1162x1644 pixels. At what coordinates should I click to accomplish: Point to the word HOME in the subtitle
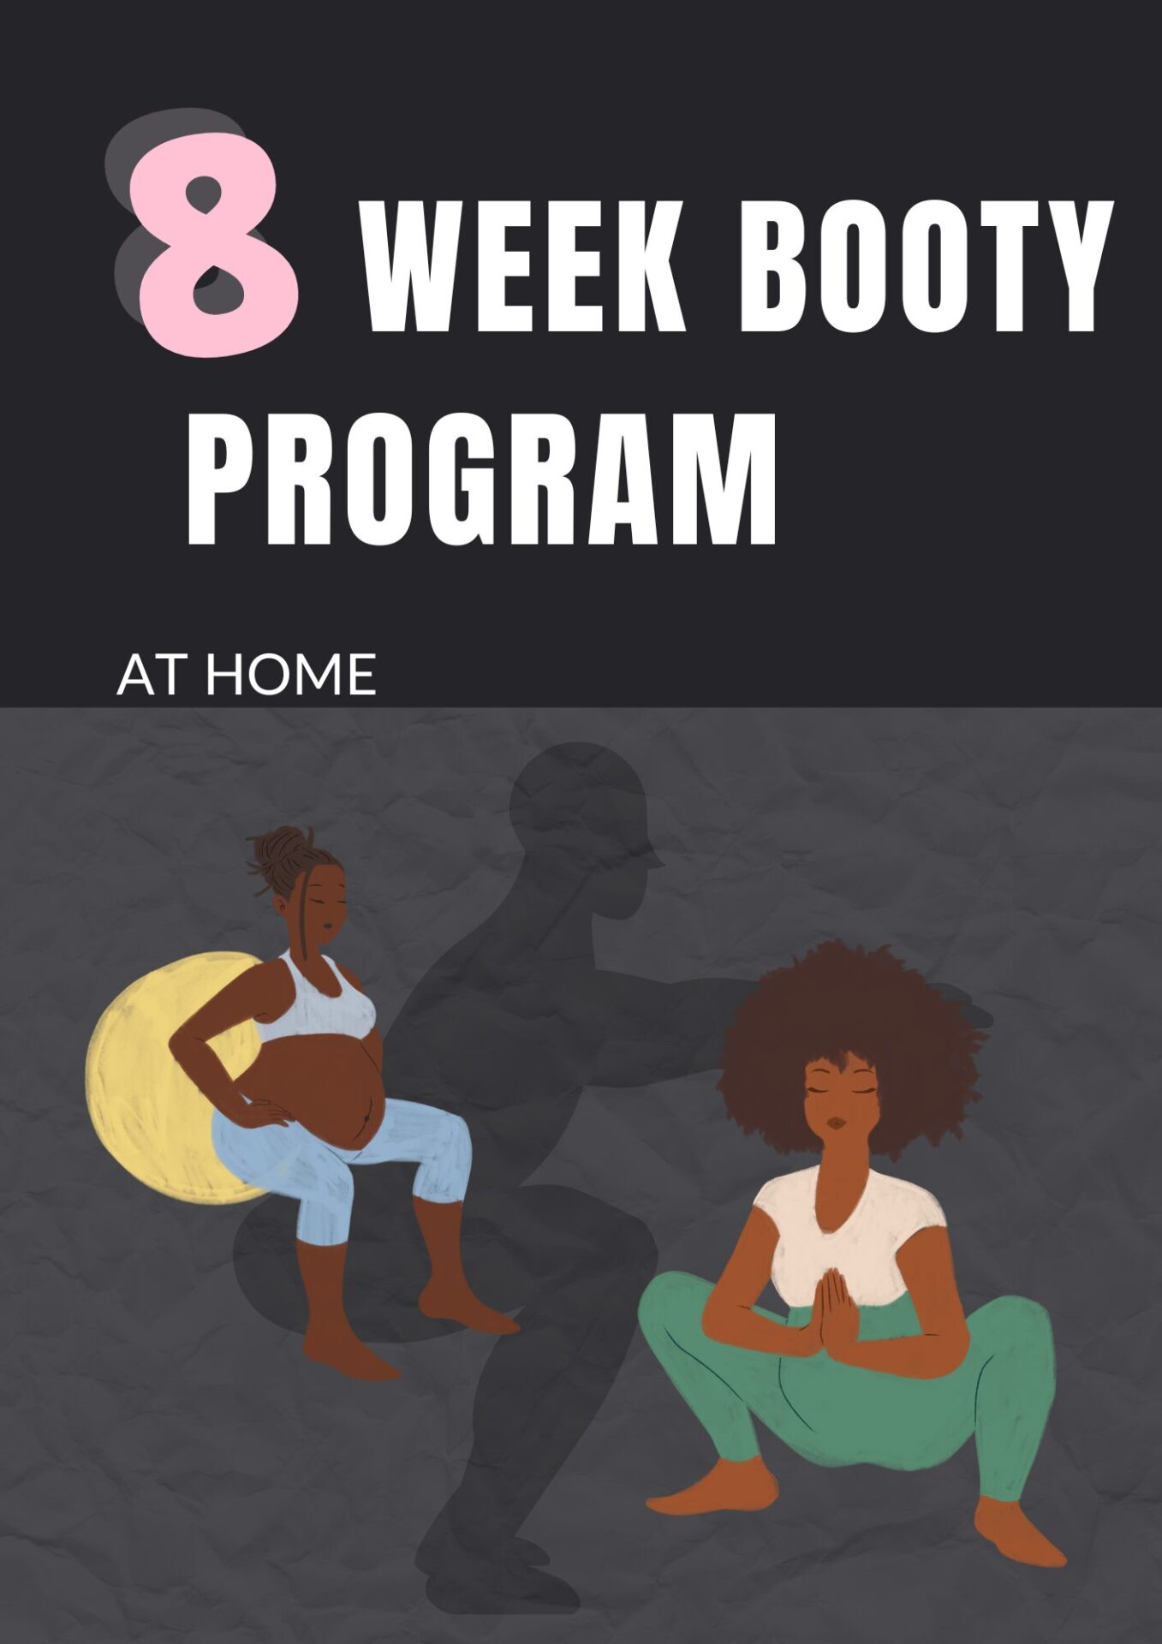[291, 675]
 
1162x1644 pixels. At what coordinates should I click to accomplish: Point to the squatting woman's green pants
[848, 1404]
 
